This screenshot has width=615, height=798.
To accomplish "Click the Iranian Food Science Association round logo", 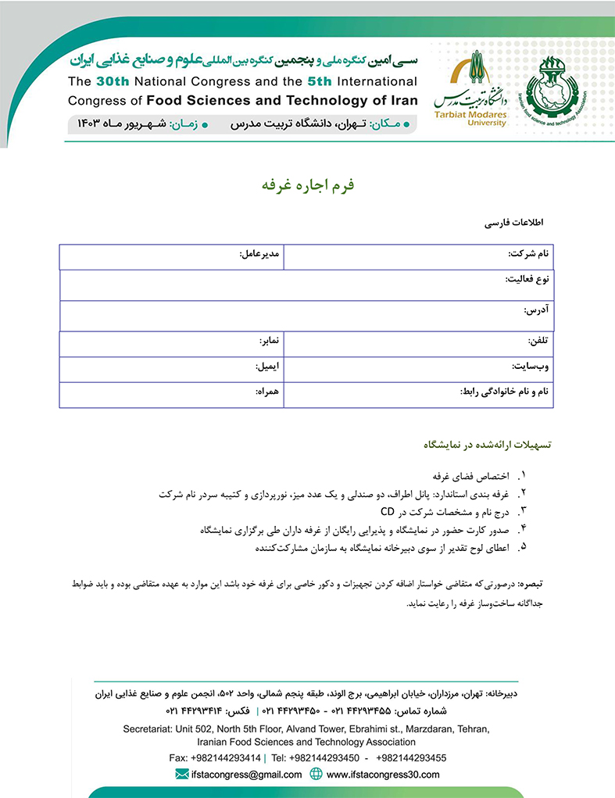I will coord(553,88).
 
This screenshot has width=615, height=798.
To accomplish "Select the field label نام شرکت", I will coord(529,254).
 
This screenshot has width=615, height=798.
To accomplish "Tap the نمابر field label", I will coord(270,342).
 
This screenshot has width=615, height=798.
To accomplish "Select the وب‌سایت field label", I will coord(531,366).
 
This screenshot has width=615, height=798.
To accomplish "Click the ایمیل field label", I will coord(268,366).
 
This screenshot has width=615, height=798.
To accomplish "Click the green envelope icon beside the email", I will coord(182,775).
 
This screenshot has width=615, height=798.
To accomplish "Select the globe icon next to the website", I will coord(316,775).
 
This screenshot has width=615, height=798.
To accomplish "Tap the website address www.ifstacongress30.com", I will coord(383,775).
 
